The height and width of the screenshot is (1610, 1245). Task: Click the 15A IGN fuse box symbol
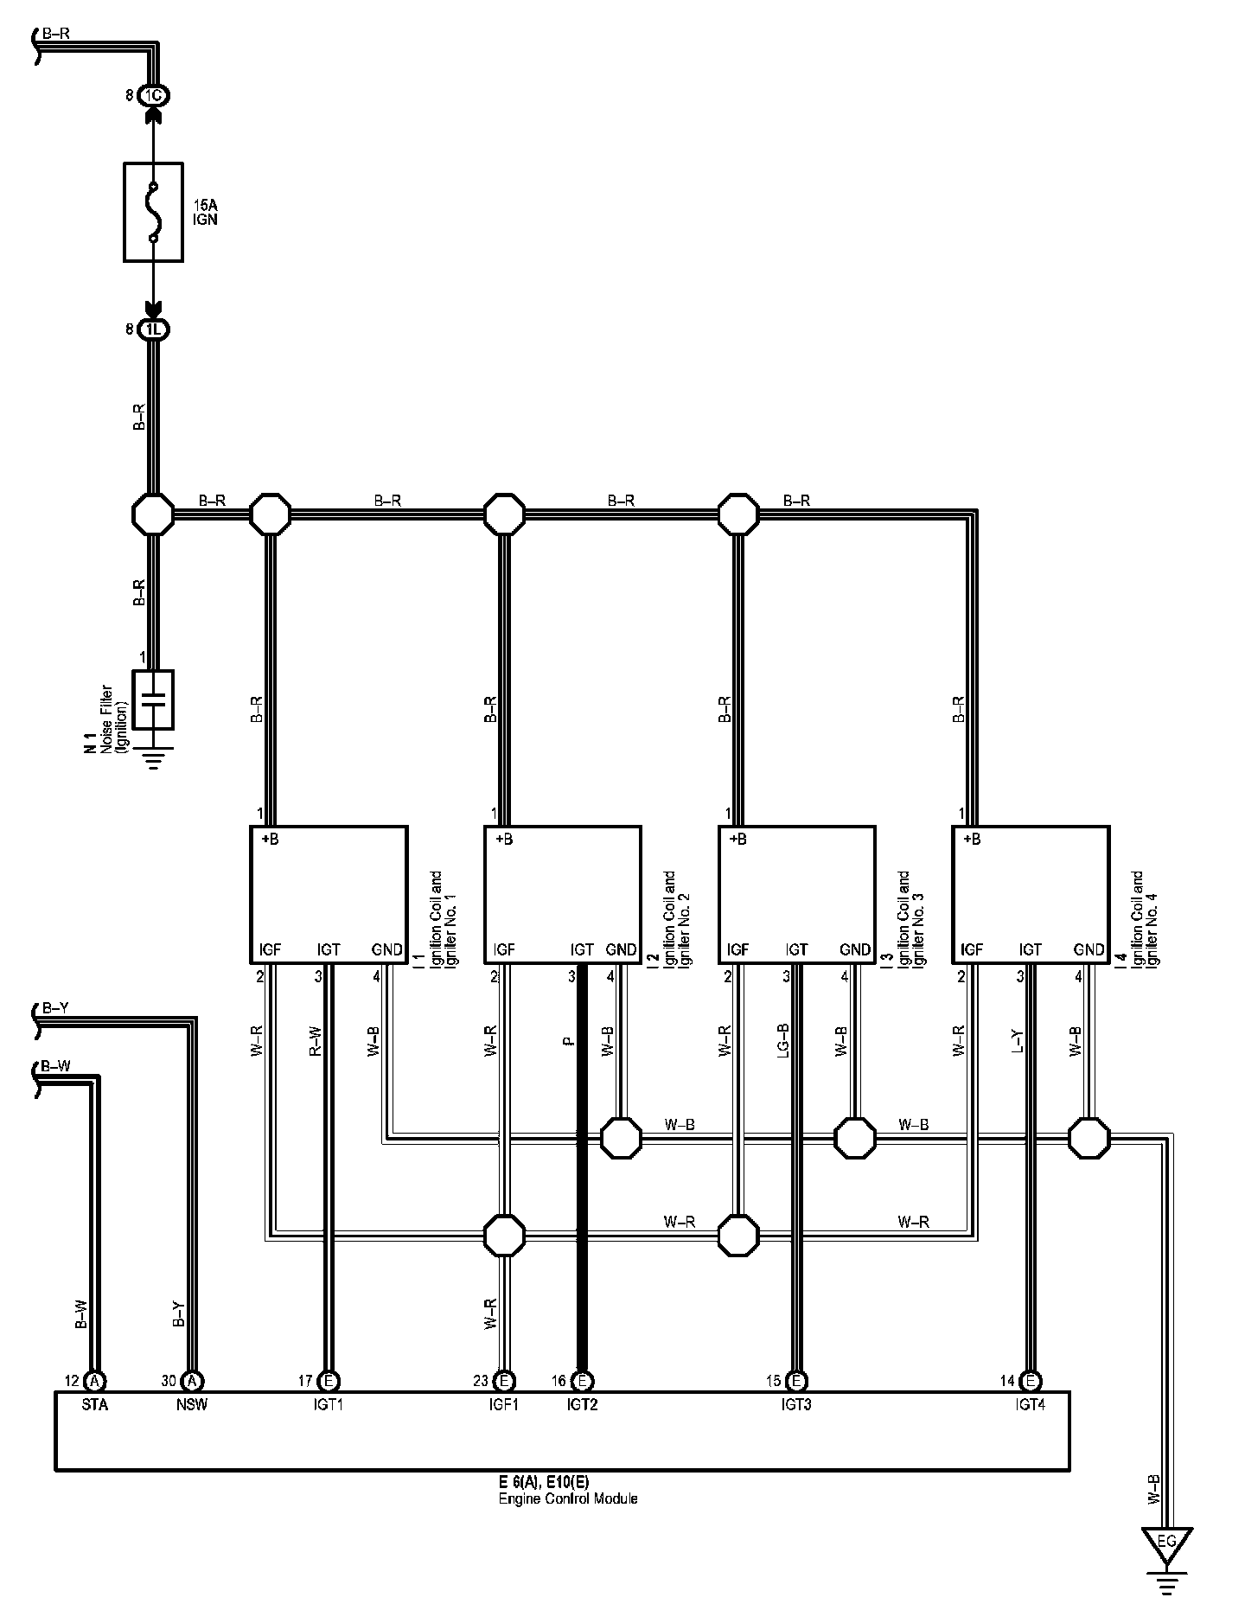tap(153, 211)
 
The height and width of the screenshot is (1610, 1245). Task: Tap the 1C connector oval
tap(153, 95)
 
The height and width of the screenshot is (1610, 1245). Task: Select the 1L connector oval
tap(153, 329)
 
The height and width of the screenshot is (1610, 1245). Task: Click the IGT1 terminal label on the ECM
tap(329, 1405)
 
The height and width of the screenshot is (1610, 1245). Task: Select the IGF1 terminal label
tap(503, 1405)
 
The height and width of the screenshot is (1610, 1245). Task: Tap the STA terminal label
tap(95, 1405)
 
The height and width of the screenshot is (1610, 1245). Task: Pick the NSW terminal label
tap(192, 1405)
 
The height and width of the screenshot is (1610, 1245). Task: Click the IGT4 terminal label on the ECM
tap(1030, 1405)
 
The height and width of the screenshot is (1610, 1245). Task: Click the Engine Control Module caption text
tap(568, 1498)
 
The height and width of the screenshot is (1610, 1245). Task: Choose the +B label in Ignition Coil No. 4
tap(972, 839)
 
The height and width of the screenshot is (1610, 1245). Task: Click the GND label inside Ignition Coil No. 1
tap(386, 949)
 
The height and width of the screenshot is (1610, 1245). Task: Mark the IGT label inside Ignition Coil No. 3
tap(796, 949)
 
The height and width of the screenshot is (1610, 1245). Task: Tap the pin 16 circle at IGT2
tap(583, 1381)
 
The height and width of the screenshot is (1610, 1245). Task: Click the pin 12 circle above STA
tap(95, 1381)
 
